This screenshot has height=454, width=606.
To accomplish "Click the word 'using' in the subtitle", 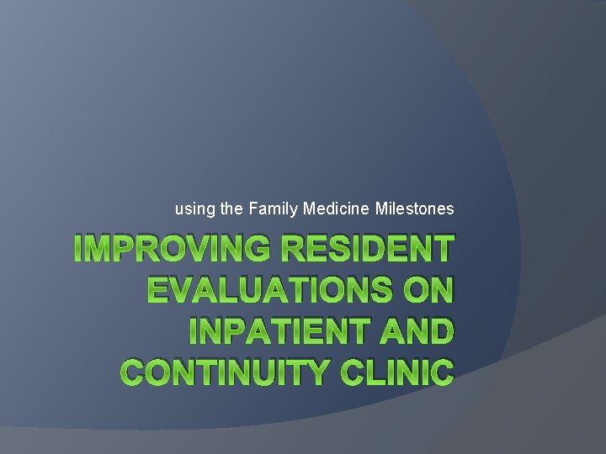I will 193,209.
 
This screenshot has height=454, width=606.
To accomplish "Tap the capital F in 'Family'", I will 253,208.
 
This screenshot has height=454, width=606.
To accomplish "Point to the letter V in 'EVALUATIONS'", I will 182,289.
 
